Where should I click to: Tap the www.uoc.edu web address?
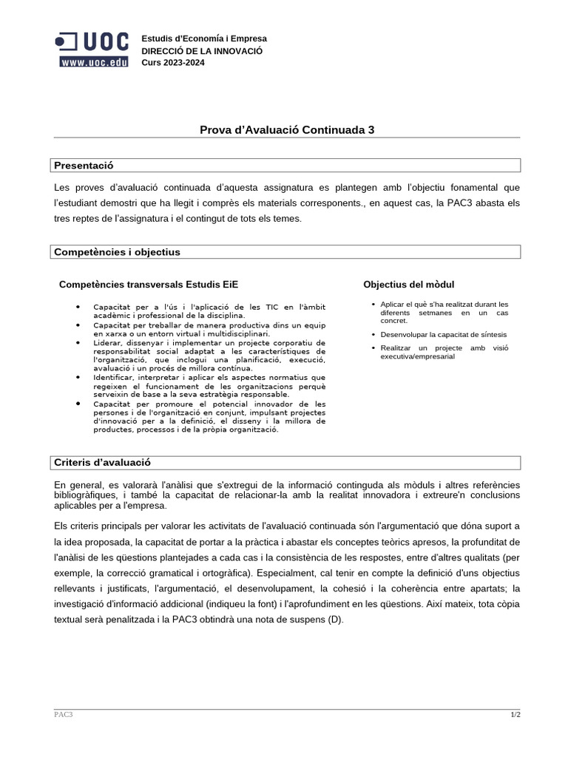(x=94, y=63)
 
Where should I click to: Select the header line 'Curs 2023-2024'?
(x=173, y=62)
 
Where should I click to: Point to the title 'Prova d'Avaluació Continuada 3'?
(x=287, y=130)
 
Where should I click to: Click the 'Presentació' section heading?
(x=84, y=165)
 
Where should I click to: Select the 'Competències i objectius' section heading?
(x=117, y=252)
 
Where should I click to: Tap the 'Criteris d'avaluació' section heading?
(x=102, y=462)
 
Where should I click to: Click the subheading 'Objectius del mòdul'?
(x=408, y=285)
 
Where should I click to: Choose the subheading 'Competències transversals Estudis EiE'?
(x=149, y=285)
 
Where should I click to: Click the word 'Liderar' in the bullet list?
(x=108, y=343)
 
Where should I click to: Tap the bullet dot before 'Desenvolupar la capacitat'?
(x=373, y=335)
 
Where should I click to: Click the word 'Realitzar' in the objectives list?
(x=396, y=347)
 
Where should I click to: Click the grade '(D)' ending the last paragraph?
(x=336, y=619)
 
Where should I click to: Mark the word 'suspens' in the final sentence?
(x=306, y=619)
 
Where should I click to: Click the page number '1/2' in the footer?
(x=515, y=714)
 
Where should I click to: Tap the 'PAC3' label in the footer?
(x=64, y=714)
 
